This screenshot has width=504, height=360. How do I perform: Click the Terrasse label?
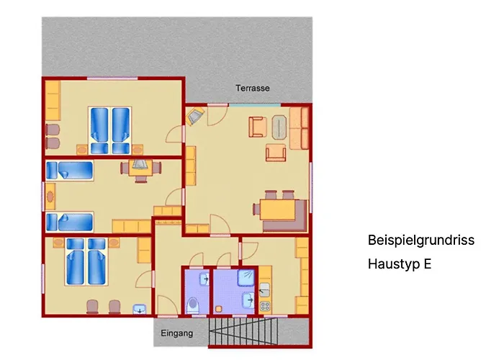point(252,88)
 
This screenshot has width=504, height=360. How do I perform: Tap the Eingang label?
point(177,333)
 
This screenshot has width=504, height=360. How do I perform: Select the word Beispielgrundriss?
point(421,240)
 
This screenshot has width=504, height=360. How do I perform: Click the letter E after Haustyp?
point(428,264)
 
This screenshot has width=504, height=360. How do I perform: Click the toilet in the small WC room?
point(193,305)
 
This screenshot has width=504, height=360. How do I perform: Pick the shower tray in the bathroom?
point(246,278)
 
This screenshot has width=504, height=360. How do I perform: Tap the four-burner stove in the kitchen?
point(265,306)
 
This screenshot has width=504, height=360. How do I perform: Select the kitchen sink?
point(264,289)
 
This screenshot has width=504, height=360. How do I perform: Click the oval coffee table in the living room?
point(279,127)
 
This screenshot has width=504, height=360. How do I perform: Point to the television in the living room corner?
point(195,116)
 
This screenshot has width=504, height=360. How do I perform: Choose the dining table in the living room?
point(277,210)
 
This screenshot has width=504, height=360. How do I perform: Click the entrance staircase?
point(243,331)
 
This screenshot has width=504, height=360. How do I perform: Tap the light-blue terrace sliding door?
point(255,105)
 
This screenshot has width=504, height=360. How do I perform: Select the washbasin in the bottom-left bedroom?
point(140,309)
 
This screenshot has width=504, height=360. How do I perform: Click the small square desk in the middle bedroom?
point(141,168)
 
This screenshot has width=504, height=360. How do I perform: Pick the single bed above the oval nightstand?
point(69,171)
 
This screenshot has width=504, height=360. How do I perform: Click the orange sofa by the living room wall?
point(300,128)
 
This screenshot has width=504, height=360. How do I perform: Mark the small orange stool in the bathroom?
point(219,309)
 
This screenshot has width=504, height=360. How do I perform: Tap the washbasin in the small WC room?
point(204,279)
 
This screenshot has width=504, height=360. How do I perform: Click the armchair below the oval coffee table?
point(276,153)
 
